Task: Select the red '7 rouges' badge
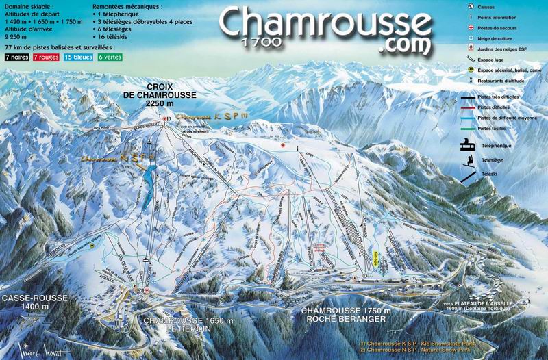coord(45,58)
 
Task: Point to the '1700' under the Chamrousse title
coord(260,42)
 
